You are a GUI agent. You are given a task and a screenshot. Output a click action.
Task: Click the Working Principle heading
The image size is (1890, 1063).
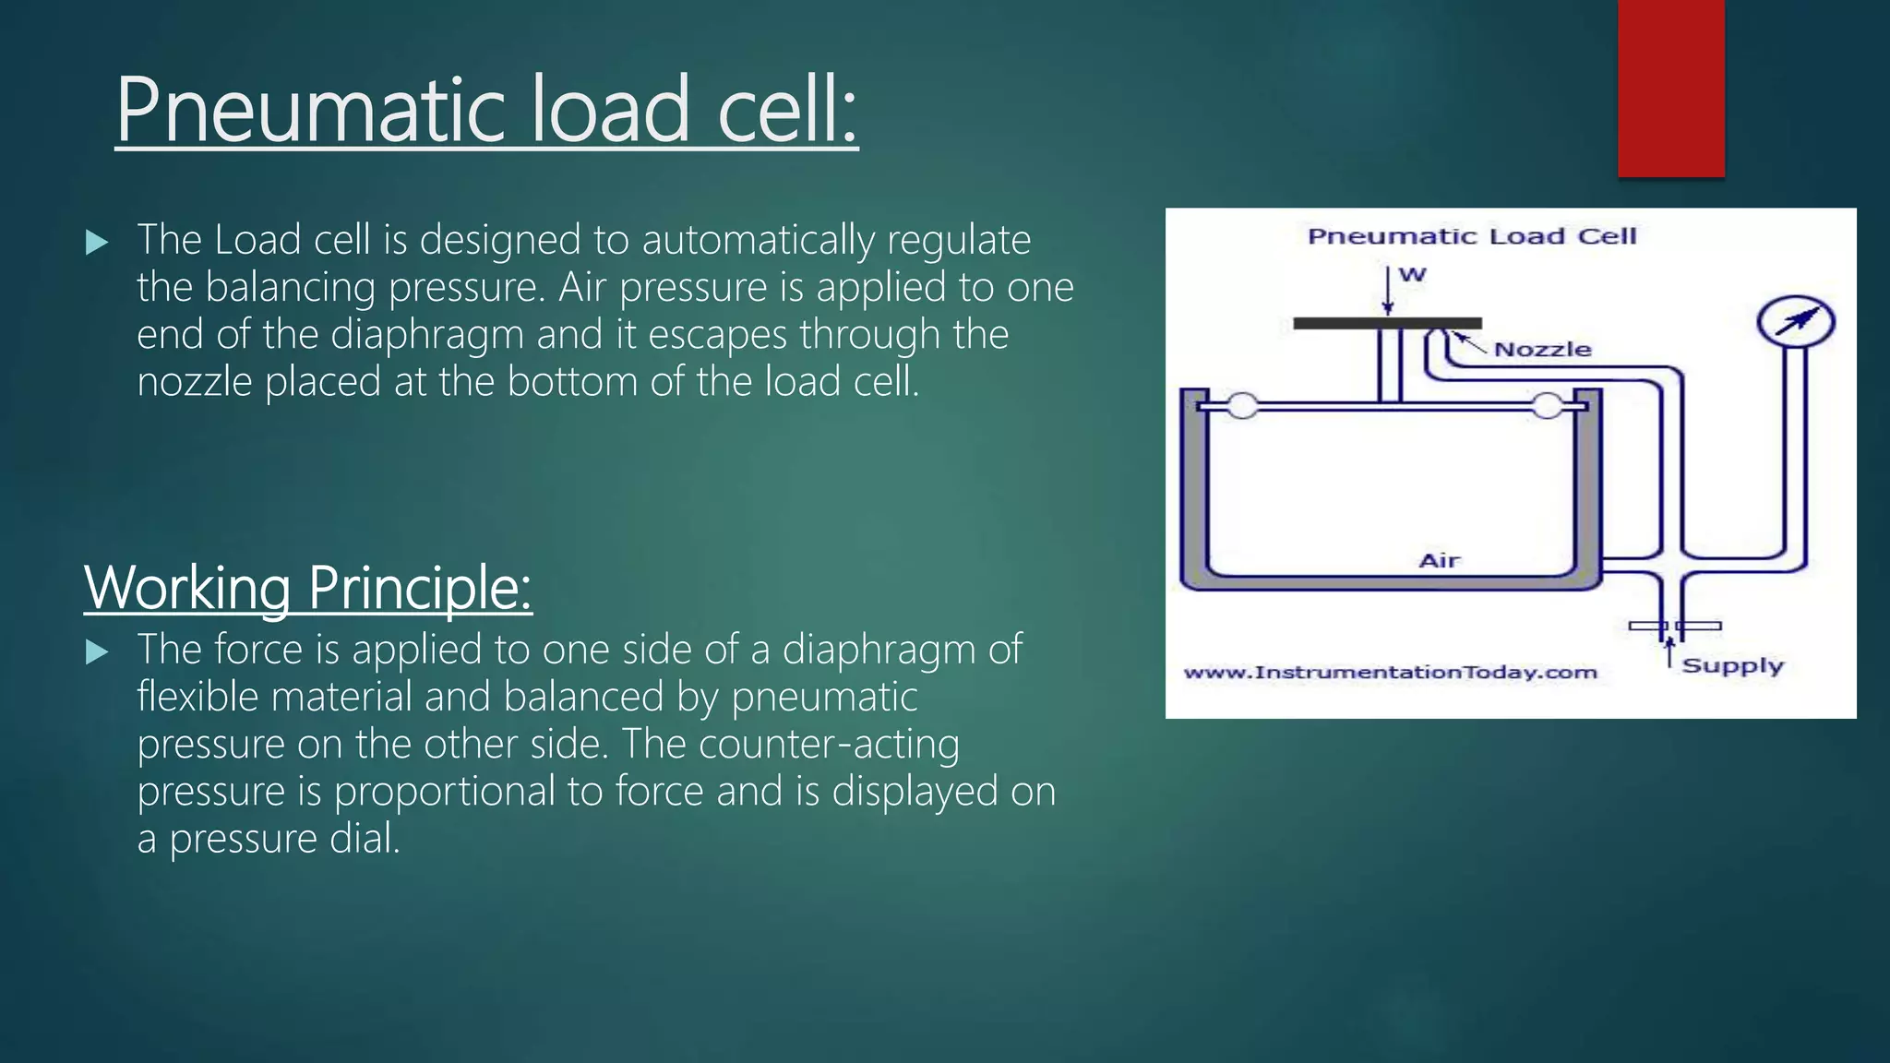tap(308, 588)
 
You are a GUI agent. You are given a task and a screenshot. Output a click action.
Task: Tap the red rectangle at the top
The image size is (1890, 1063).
tap(1670, 88)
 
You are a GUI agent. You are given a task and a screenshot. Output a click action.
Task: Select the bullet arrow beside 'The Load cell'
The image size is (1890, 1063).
tap(96, 243)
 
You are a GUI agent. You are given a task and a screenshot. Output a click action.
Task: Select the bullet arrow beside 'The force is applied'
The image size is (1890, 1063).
tap(96, 652)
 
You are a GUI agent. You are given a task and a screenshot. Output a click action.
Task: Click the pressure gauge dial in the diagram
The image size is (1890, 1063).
tap(1795, 322)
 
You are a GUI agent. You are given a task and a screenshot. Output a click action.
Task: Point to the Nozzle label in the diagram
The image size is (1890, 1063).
tap(1542, 350)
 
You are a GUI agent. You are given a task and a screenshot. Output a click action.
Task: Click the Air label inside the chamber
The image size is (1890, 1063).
tap(1439, 560)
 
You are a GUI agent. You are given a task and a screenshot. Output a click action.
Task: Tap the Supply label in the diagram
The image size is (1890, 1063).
tap(1732, 666)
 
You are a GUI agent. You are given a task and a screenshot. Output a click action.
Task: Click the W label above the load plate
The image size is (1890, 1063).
tap(1412, 274)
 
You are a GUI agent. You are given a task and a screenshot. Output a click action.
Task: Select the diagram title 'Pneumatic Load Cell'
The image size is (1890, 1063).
tap(1472, 236)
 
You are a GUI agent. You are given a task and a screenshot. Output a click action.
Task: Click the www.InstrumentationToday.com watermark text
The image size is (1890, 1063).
tap(1390, 673)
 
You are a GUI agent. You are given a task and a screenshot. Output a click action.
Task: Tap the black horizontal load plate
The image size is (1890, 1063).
tap(1387, 323)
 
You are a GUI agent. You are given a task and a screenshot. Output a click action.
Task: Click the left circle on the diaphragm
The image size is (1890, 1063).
tap(1242, 406)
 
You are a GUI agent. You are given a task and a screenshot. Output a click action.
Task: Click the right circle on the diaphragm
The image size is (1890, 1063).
tap(1548, 406)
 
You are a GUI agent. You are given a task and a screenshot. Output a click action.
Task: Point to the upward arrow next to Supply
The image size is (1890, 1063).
tap(1669, 652)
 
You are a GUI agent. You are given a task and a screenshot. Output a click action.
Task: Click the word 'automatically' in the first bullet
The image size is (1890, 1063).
tap(758, 241)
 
